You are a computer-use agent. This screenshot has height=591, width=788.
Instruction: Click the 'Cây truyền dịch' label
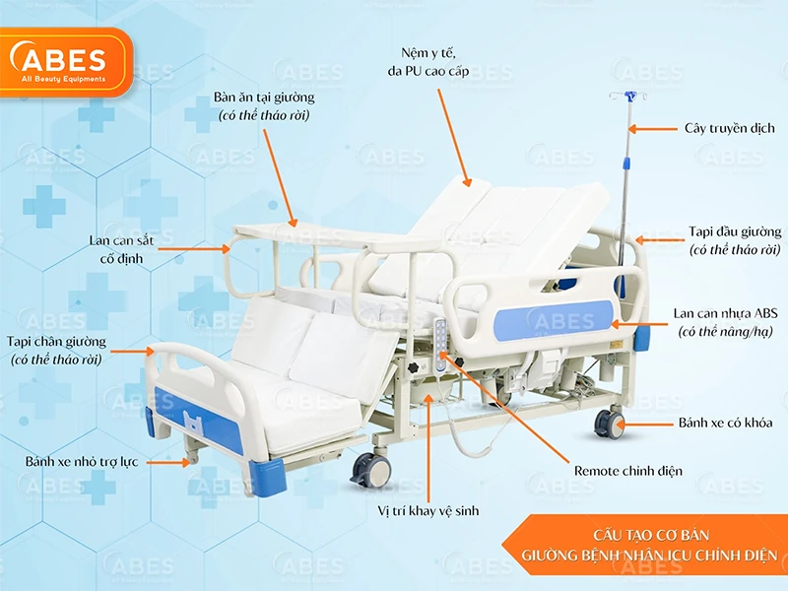pyautogui.click(x=729, y=128)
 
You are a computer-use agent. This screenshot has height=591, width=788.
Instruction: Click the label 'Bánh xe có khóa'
pyautogui.click(x=725, y=423)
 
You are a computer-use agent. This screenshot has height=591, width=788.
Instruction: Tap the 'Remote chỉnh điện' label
pyautogui.click(x=627, y=471)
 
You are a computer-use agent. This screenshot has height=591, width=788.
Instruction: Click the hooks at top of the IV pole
pyautogui.click(x=624, y=96)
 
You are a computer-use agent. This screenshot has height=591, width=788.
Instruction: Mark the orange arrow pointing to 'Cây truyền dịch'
pyautogui.click(x=652, y=128)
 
